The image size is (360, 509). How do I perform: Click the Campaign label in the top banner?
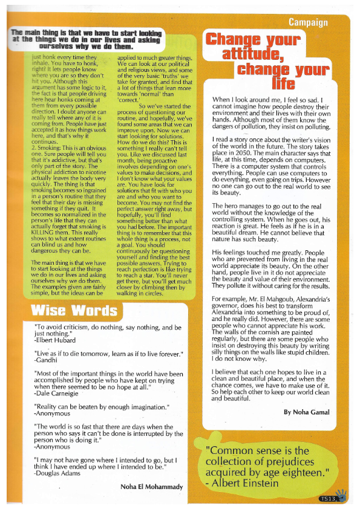tap(308, 23)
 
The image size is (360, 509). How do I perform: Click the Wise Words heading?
tap(74, 311)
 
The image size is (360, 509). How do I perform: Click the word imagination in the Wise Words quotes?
tap(140, 407)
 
